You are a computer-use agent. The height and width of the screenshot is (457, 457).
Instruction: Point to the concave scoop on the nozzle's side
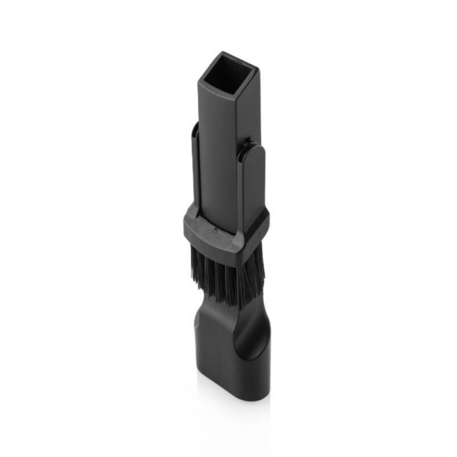[255, 335]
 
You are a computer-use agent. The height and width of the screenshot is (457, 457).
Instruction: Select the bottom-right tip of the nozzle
[267, 396]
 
